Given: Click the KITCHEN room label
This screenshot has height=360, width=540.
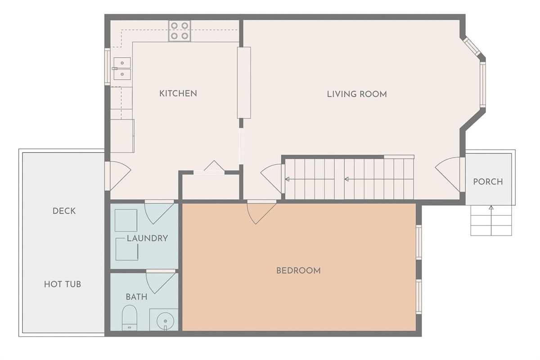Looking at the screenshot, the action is [178, 94].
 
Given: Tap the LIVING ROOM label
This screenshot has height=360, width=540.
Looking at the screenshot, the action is [357, 94].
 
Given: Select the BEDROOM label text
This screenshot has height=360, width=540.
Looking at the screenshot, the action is [298, 270].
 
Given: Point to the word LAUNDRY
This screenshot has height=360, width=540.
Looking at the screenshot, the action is [147, 238].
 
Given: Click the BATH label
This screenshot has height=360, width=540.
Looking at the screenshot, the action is [136, 297].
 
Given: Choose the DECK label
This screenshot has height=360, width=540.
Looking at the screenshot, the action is [64, 211].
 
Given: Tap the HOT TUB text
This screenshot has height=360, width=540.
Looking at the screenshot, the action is [63, 284].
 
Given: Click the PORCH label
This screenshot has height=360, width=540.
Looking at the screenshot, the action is [488, 182].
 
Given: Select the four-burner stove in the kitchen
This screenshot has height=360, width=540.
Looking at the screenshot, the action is [180, 31].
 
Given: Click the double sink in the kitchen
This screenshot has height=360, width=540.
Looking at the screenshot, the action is [122, 68].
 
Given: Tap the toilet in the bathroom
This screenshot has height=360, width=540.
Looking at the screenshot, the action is [130, 318].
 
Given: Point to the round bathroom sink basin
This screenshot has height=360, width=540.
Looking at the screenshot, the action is [166, 321].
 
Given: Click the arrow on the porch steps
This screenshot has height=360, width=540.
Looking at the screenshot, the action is [491, 220].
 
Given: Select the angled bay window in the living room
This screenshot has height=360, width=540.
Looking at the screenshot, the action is [472, 46].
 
